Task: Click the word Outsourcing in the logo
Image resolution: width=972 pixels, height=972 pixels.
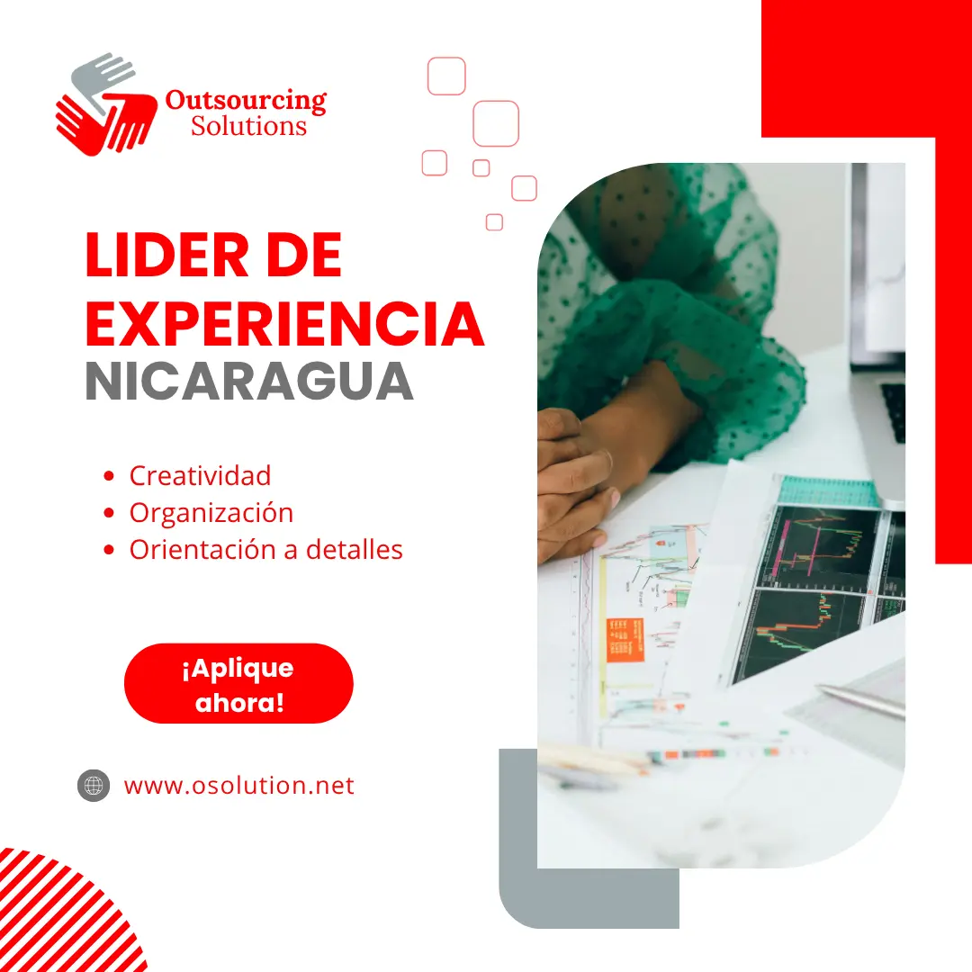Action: click(x=246, y=101)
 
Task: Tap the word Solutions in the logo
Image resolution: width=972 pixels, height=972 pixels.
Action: click(x=248, y=126)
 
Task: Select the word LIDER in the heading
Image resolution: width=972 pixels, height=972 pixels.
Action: click(x=166, y=256)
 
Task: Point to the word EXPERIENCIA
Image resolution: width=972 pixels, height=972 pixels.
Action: click(x=284, y=324)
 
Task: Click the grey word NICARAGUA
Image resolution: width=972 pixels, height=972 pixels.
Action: click(x=249, y=382)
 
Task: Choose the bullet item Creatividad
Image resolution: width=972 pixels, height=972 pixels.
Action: click(x=200, y=475)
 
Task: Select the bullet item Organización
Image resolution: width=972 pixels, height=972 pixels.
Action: click(x=211, y=513)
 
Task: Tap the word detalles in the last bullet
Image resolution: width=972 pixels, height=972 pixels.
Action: click(x=355, y=549)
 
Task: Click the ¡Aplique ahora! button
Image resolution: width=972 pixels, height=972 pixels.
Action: click(x=238, y=684)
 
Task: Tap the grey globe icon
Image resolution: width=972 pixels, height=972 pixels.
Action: click(x=94, y=786)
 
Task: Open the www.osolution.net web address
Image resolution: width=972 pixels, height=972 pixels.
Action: click(x=239, y=786)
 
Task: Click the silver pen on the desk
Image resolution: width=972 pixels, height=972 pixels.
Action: click(x=860, y=700)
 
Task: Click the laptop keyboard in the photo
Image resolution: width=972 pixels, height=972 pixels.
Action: click(x=894, y=411)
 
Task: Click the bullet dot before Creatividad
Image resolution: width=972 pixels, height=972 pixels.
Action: click(x=109, y=476)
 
